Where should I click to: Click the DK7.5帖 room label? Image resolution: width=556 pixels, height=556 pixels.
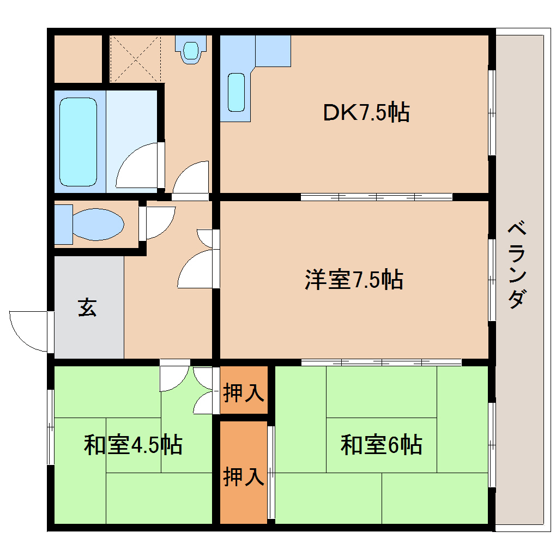tap(366, 113)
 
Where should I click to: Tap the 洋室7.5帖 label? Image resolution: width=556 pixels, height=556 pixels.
tap(354, 280)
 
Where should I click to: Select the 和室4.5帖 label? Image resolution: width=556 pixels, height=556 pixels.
tap(132, 445)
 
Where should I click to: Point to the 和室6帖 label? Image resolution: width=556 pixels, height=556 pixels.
tap(381, 445)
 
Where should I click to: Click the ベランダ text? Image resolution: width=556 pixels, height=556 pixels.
tap(518, 264)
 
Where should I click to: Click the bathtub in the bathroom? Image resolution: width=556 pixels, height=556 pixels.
tap(78, 142)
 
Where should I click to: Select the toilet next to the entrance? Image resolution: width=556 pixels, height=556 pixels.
tap(96, 223)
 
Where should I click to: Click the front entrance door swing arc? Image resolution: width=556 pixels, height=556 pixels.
tap(28, 331)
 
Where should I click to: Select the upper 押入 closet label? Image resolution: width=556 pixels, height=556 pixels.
tap(244, 392)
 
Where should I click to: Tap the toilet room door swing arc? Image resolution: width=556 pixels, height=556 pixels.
tap(158, 221)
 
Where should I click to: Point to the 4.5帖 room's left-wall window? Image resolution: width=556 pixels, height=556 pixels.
tap(51, 426)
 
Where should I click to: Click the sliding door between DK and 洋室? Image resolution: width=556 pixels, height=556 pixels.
tap(376, 197)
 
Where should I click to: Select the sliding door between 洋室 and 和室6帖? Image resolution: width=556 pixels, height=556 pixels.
tap(382, 361)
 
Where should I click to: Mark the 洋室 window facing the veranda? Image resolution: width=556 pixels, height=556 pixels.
tap(492, 279)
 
